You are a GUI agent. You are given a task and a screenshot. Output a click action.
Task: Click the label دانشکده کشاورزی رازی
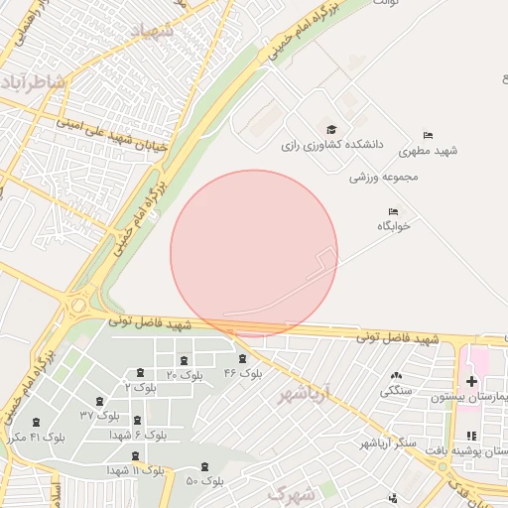(x=330, y=145)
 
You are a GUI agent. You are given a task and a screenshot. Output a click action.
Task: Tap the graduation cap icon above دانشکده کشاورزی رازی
(x=331, y=129)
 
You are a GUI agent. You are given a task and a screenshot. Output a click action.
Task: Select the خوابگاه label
(x=393, y=226)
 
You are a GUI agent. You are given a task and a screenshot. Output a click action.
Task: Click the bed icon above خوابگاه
(x=394, y=211)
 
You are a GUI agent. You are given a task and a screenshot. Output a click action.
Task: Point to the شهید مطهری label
(x=429, y=151)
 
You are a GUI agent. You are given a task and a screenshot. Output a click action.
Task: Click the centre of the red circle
(x=254, y=254)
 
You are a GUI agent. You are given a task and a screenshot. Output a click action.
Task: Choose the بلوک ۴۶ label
(x=243, y=373)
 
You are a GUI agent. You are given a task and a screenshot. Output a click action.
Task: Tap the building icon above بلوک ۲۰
(x=184, y=359)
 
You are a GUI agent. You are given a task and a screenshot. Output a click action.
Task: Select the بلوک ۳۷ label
(x=99, y=414)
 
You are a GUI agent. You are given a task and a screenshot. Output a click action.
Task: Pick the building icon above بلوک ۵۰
(x=205, y=466)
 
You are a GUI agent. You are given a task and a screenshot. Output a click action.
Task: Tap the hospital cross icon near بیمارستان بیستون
(x=471, y=381)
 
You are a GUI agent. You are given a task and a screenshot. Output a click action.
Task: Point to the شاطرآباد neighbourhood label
(x=34, y=81)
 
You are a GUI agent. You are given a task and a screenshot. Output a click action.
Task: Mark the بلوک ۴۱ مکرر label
(x=36, y=437)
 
